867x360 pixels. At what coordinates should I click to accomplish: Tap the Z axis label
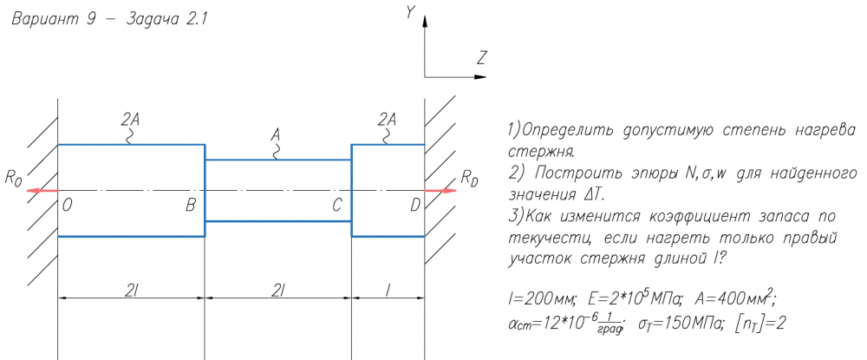click(x=481, y=59)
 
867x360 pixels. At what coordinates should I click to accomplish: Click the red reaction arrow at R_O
click(x=42, y=190)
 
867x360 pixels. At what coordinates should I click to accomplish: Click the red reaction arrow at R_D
click(x=440, y=190)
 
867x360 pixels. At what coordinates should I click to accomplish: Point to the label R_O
click(x=13, y=180)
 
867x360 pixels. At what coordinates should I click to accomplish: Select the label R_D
click(x=469, y=180)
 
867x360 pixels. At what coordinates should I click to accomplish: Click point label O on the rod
click(x=68, y=206)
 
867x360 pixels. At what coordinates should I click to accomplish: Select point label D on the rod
click(x=414, y=206)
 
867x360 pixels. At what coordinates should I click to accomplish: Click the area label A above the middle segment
click(x=276, y=135)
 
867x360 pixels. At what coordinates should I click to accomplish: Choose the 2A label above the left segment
click(x=131, y=120)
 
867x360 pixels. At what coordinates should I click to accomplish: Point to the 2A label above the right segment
click(x=388, y=120)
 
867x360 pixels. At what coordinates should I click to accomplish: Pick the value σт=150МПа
click(x=669, y=325)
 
